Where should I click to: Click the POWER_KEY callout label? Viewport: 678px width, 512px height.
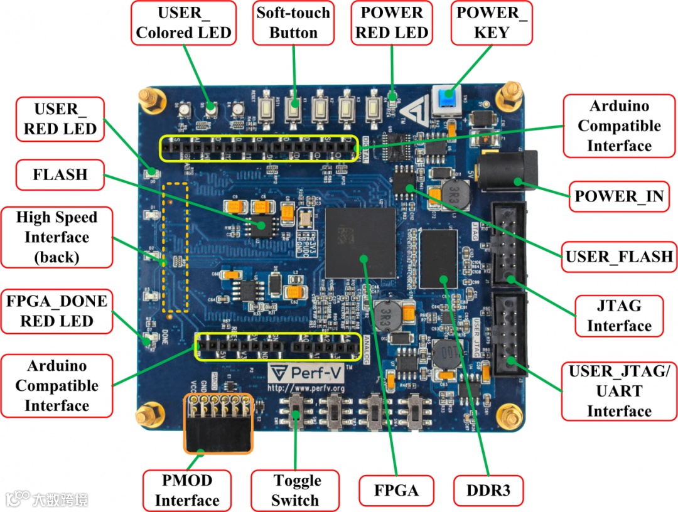[x=492, y=23]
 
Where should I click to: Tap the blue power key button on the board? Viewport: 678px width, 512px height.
[x=446, y=100]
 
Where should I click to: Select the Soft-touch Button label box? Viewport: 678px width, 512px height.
[x=293, y=23]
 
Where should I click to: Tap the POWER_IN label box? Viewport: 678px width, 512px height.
[x=619, y=196]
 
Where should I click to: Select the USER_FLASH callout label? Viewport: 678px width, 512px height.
[x=619, y=256]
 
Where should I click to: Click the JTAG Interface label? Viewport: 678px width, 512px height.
[x=619, y=316]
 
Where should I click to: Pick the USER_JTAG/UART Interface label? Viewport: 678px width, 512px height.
[x=619, y=391]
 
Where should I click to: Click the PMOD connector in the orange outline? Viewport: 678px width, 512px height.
[x=217, y=424]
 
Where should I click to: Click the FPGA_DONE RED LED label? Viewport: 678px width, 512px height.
[x=56, y=311]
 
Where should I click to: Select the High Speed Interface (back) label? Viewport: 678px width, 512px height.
[x=56, y=237]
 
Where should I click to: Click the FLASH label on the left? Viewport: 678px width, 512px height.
[x=60, y=174]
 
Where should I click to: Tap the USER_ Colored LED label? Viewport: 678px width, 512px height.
[x=184, y=23]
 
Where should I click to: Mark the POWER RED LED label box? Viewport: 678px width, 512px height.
[x=392, y=23]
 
